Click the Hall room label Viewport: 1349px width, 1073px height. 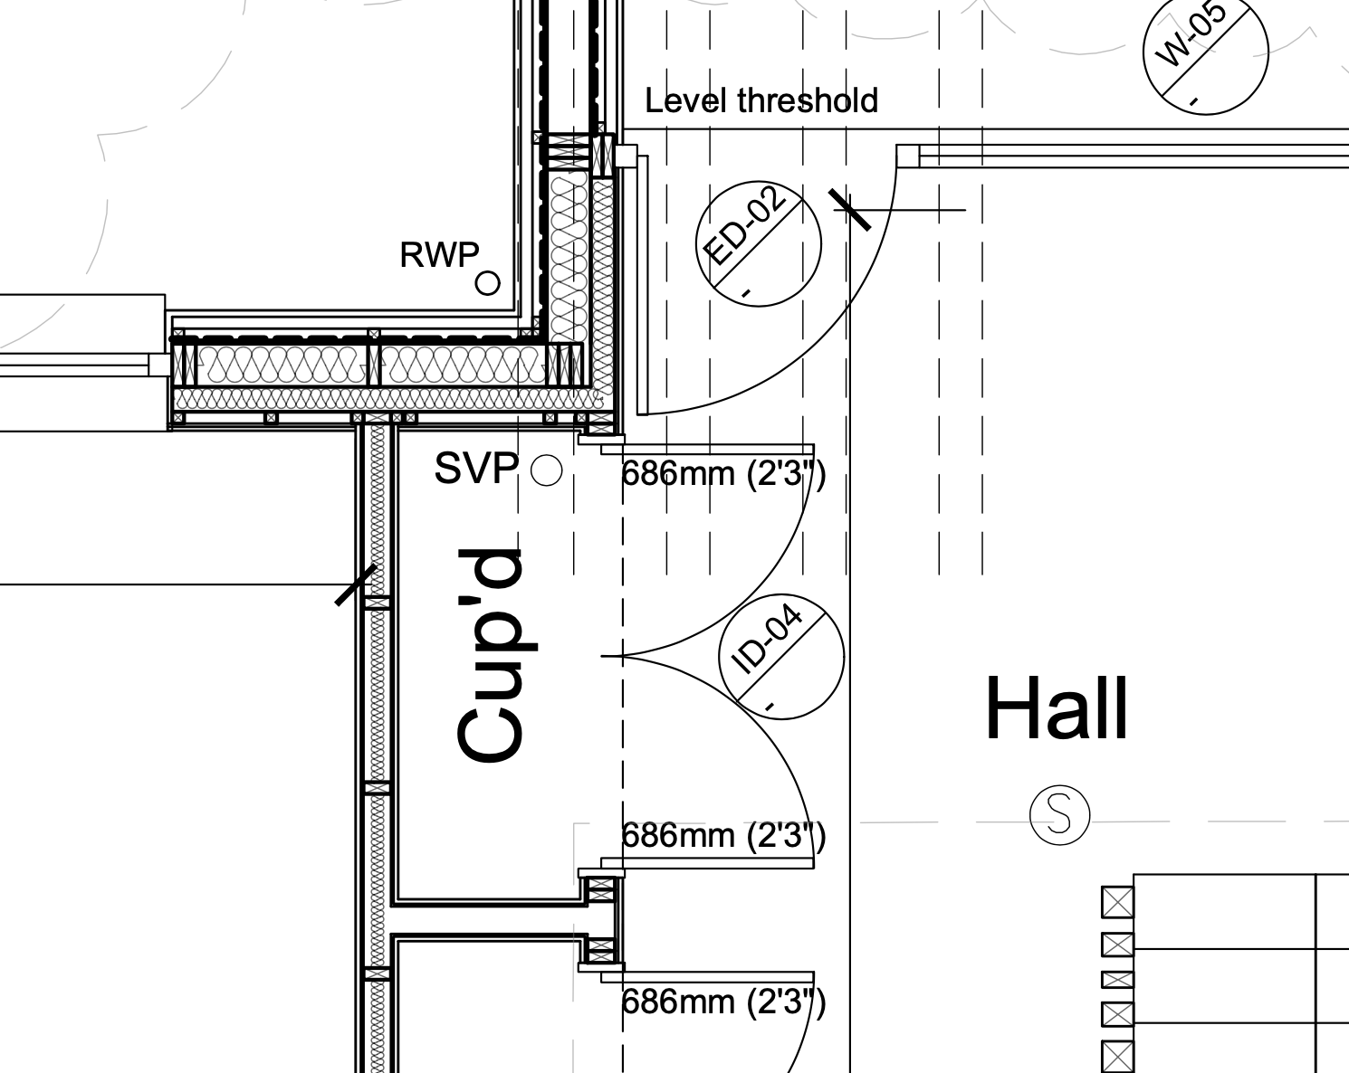pos(1057,708)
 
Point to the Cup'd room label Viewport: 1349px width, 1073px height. pos(490,655)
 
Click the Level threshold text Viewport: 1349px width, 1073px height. pos(761,100)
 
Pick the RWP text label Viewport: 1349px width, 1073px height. pos(439,255)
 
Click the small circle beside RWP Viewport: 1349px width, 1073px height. pos(488,283)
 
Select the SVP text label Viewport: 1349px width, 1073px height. pos(476,469)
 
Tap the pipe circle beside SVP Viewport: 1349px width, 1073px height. pos(547,470)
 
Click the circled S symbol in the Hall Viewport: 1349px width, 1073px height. pos(1060,815)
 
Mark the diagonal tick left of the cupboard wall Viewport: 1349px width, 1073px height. pos(356,585)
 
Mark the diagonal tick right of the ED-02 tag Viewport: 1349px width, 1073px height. pos(850,210)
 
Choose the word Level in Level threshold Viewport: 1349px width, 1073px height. pos(684,100)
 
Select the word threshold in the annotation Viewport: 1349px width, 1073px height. pos(808,100)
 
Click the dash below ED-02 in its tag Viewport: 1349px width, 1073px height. pos(746,292)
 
